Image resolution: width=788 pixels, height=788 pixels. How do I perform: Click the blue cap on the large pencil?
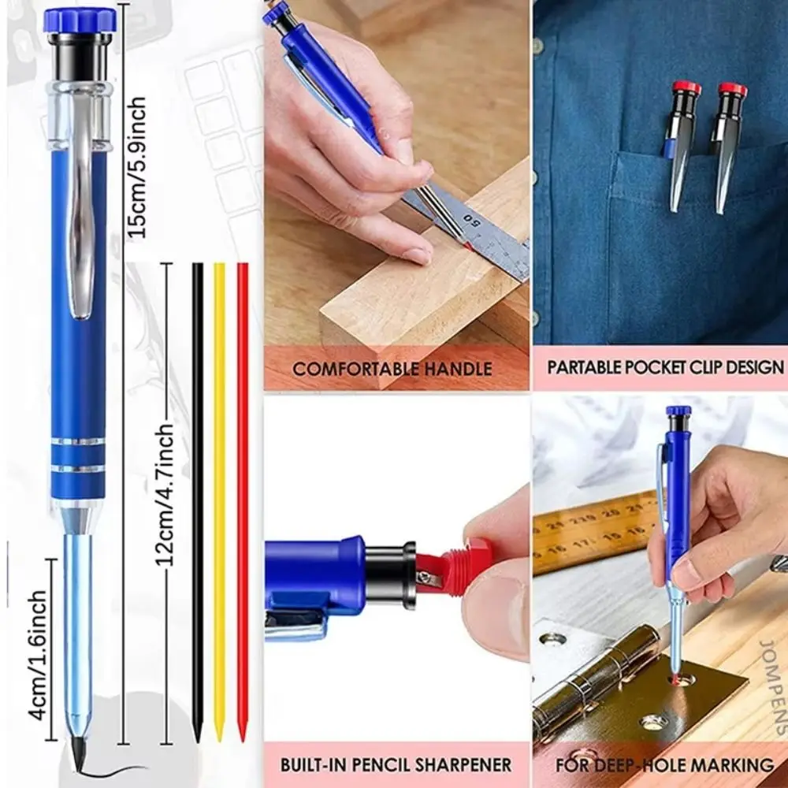click(80, 20)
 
